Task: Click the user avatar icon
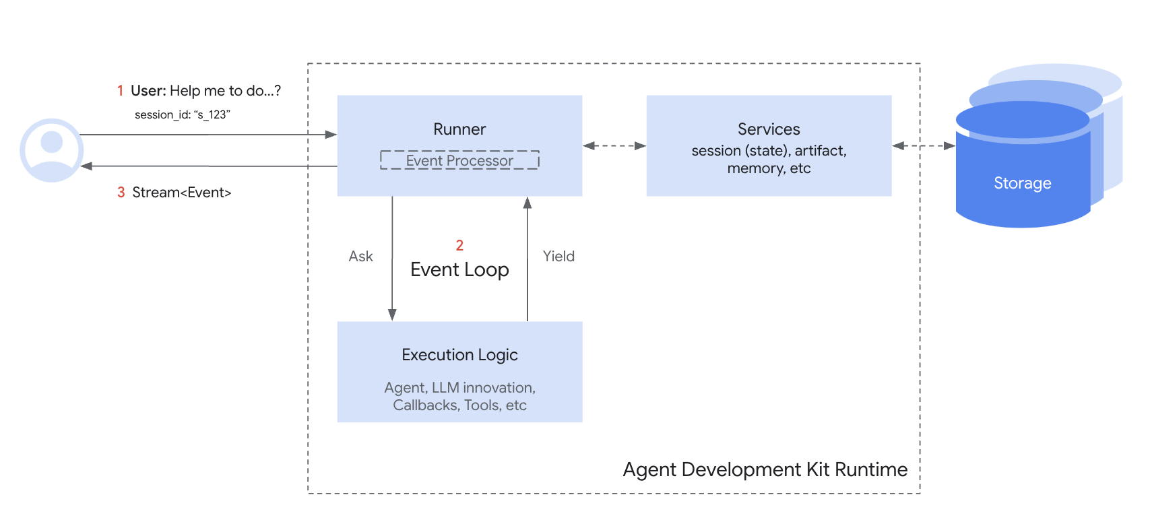pyautogui.click(x=51, y=150)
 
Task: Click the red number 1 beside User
pyautogui.click(x=120, y=91)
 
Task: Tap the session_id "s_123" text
pyautogui.click(x=182, y=114)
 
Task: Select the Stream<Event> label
pyautogui.click(x=181, y=193)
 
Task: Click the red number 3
pyautogui.click(x=121, y=193)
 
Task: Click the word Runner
pyautogui.click(x=459, y=129)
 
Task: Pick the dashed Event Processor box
pyautogui.click(x=459, y=160)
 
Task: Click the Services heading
pyautogui.click(x=769, y=129)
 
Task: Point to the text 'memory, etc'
pyautogui.click(x=769, y=168)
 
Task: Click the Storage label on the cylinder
pyautogui.click(x=1022, y=183)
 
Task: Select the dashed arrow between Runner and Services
pyautogui.click(x=614, y=145)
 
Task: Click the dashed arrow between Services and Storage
pyautogui.click(x=923, y=145)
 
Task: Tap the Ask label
pyautogui.click(x=360, y=257)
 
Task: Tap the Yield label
pyautogui.click(x=558, y=257)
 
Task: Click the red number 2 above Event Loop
pyautogui.click(x=459, y=245)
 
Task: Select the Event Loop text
pyautogui.click(x=459, y=270)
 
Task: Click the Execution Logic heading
pyautogui.click(x=459, y=355)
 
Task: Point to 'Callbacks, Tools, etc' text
pyautogui.click(x=459, y=405)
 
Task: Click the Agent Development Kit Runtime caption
pyautogui.click(x=765, y=469)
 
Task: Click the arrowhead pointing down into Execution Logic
pyautogui.click(x=392, y=314)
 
